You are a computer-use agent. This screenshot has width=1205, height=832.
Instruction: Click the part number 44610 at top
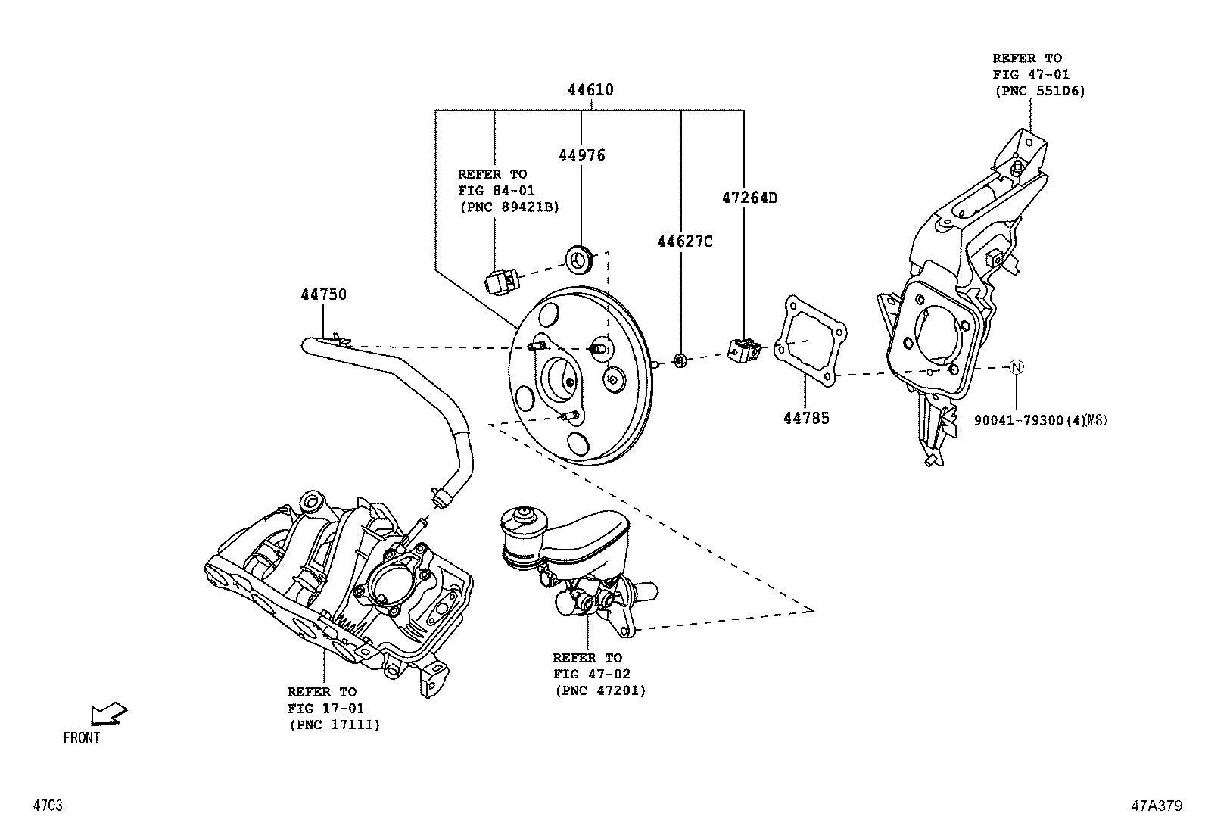click(x=590, y=90)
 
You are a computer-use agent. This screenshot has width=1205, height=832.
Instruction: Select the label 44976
click(x=582, y=156)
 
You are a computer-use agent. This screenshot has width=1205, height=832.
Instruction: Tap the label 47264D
click(x=749, y=198)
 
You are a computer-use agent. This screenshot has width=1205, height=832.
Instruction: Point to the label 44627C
click(x=684, y=241)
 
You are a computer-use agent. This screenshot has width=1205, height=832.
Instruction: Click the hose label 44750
click(x=323, y=294)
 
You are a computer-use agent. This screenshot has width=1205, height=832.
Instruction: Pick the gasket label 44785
click(x=806, y=418)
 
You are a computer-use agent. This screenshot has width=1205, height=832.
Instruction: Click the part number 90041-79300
click(x=1019, y=420)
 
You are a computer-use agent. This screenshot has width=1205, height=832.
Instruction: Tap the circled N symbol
click(x=1017, y=367)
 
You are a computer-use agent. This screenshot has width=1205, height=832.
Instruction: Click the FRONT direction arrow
click(x=107, y=714)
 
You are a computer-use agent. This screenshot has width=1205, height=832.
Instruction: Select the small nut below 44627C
click(x=680, y=360)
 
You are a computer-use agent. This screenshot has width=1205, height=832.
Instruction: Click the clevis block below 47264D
click(x=743, y=350)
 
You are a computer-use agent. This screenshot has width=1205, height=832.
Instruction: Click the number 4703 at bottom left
click(x=47, y=806)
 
